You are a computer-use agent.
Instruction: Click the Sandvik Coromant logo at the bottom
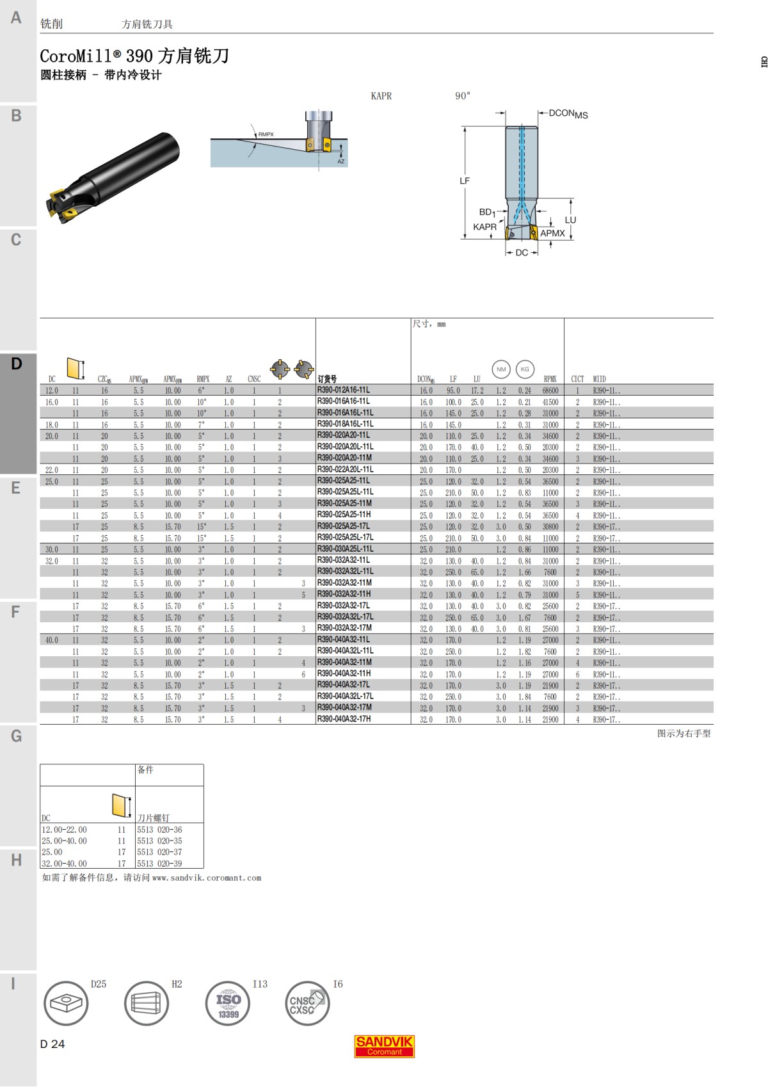tap(385, 1046)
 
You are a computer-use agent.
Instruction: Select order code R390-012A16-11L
tap(343, 390)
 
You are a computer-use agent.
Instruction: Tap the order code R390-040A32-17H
tap(344, 719)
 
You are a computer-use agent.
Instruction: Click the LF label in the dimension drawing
tap(465, 181)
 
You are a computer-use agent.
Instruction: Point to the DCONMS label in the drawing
tap(568, 114)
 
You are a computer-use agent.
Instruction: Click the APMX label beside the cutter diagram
tap(552, 234)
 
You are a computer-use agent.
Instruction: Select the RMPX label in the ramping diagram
tap(266, 134)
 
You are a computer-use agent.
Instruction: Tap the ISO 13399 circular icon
tap(228, 1003)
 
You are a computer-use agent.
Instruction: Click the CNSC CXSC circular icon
tap(307, 1003)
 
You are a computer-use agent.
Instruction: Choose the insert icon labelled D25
tap(66, 1003)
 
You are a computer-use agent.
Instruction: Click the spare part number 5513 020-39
tap(159, 864)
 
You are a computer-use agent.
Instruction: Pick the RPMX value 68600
tap(550, 391)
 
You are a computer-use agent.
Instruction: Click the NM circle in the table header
tap(501, 369)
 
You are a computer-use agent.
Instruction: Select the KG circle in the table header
tap(525, 369)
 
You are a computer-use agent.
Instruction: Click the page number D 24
tap(52, 1044)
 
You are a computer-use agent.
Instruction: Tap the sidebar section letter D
tap(17, 364)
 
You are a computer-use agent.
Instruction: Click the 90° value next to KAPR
tap(462, 96)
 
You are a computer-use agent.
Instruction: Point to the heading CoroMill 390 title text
tap(134, 56)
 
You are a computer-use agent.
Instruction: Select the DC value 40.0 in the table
tap(52, 640)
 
